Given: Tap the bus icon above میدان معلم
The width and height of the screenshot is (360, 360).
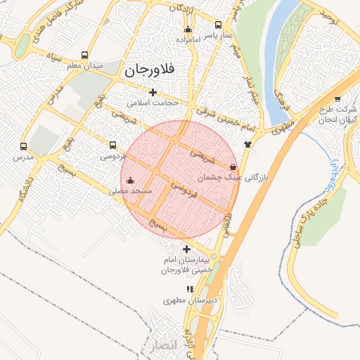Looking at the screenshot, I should click(85, 55).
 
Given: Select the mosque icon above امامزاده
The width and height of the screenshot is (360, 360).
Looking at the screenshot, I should click(188, 30).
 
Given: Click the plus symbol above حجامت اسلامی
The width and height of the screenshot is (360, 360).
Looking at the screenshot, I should click(153, 92).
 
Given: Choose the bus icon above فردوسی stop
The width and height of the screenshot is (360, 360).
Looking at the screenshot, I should click(112, 146).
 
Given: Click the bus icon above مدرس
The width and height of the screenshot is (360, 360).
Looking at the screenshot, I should click(23, 147).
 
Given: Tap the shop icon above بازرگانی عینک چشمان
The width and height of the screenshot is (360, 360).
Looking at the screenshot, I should click(233, 168).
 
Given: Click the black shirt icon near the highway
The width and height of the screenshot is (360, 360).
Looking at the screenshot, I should click(247, 144).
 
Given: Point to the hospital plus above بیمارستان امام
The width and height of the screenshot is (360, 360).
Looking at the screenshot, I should click(186, 249).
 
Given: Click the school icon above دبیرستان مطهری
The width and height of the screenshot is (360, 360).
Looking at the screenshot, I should click(189, 289).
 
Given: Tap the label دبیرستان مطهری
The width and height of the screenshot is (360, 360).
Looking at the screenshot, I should click(188, 300).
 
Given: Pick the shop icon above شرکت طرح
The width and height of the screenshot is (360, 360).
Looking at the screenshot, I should click(337, 98).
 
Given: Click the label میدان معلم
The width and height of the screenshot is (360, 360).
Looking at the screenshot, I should click(84, 65).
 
